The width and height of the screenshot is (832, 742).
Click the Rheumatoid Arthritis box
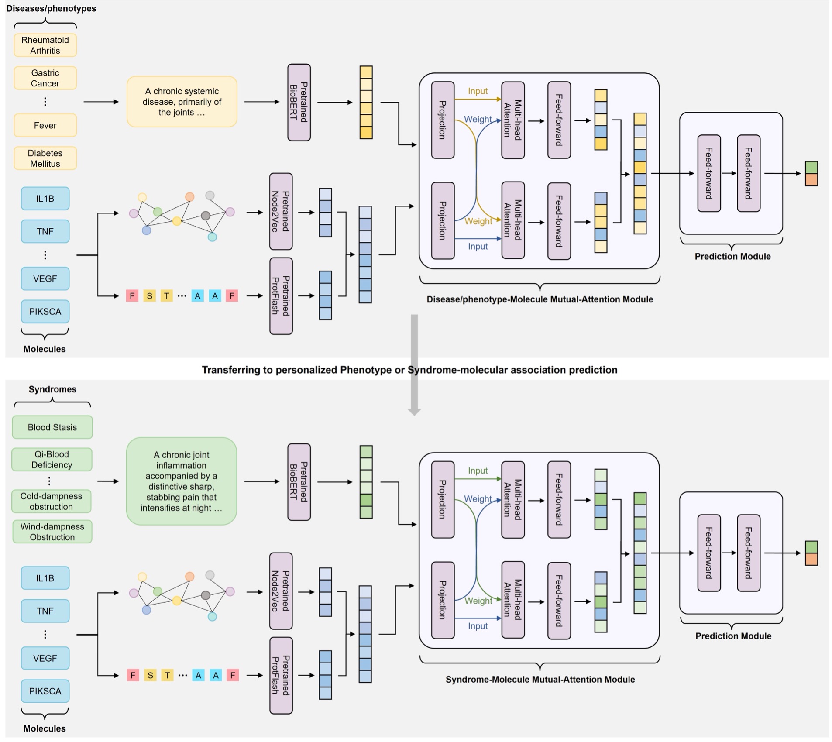click(45, 45)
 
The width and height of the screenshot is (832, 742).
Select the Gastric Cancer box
click(45, 78)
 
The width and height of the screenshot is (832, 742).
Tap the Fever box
click(45, 125)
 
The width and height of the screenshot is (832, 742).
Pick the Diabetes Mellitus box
click(45, 158)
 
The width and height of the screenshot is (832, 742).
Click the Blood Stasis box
click(52, 427)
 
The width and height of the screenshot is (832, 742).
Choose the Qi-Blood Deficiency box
click(52, 460)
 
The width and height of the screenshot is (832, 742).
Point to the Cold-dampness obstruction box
click(51, 502)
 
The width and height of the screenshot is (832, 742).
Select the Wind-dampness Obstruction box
click(52, 532)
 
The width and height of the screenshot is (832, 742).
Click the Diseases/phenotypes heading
click(51, 8)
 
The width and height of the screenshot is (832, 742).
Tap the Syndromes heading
click(52, 389)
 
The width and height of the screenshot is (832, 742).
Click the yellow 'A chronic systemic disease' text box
click(182, 102)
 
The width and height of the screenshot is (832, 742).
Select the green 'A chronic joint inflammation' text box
click(181, 481)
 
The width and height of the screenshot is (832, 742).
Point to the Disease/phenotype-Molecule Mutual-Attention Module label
click(540, 299)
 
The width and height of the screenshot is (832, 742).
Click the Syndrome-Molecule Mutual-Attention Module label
click(540, 679)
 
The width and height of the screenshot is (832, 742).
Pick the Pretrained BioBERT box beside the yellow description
click(299, 103)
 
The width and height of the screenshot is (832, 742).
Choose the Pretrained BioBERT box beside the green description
click(299, 482)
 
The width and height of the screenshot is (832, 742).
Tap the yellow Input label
click(478, 91)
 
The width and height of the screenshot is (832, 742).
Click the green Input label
click(478, 471)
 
